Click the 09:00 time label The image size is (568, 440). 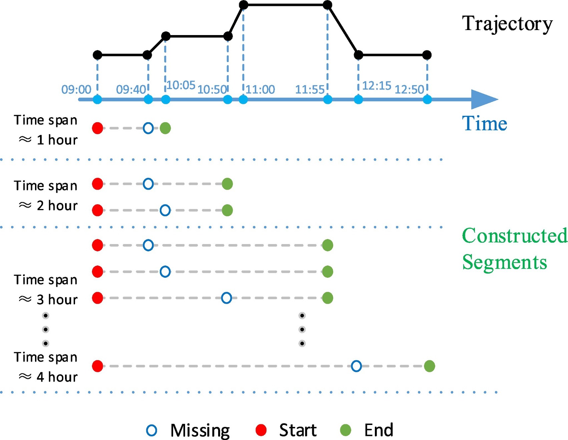(x=76, y=89)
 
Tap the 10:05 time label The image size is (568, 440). (x=181, y=85)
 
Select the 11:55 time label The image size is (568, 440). (x=310, y=89)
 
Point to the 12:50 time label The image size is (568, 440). (x=409, y=89)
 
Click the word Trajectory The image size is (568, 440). (x=507, y=24)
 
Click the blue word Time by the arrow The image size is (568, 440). (x=484, y=124)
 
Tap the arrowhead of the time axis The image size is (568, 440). (x=484, y=99)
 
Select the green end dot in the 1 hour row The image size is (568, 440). (x=165, y=128)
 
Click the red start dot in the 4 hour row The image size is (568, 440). (x=97, y=366)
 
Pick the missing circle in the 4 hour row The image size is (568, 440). (x=356, y=366)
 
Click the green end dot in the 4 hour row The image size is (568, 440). (x=429, y=366)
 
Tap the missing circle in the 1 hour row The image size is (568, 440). (x=148, y=128)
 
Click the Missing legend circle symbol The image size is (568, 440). (x=152, y=430)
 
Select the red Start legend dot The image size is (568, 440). (x=261, y=430)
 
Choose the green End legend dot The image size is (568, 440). (x=346, y=430)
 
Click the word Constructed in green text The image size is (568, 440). (x=514, y=236)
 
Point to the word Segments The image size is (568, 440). (x=504, y=262)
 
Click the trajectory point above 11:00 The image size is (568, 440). (x=243, y=5)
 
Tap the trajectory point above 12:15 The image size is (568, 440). (x=358, y=55)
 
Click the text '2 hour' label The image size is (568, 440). (x=57, y=206)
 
